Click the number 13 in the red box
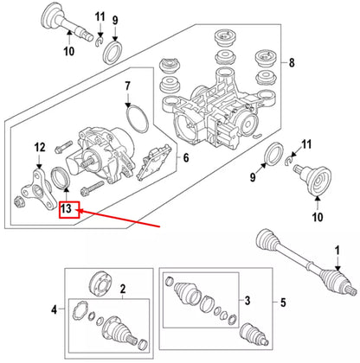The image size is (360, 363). click(x=66, y=208)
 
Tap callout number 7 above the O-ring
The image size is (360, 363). click(x=127, y=86)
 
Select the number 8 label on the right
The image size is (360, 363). click(x=292, y=62)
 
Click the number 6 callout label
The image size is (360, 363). click(x=186, y=157)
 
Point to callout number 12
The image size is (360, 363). click(x=40, y=147)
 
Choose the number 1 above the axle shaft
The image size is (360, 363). click(x=337, y=251)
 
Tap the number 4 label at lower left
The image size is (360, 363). click(x=55, y=310)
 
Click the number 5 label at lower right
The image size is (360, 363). click(x=283, y=302)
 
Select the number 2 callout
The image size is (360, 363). click(x=123, y=289)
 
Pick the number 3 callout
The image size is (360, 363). click(x=247, y=301)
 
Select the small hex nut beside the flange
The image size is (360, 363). click(x=17, y=202)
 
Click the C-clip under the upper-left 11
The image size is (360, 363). click(x=99, y=41)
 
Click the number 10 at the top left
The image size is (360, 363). click(x=69, y=51)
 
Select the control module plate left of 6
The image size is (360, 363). click(x=154, y=162)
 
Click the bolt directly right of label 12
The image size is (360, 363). click(x=63, y=146)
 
